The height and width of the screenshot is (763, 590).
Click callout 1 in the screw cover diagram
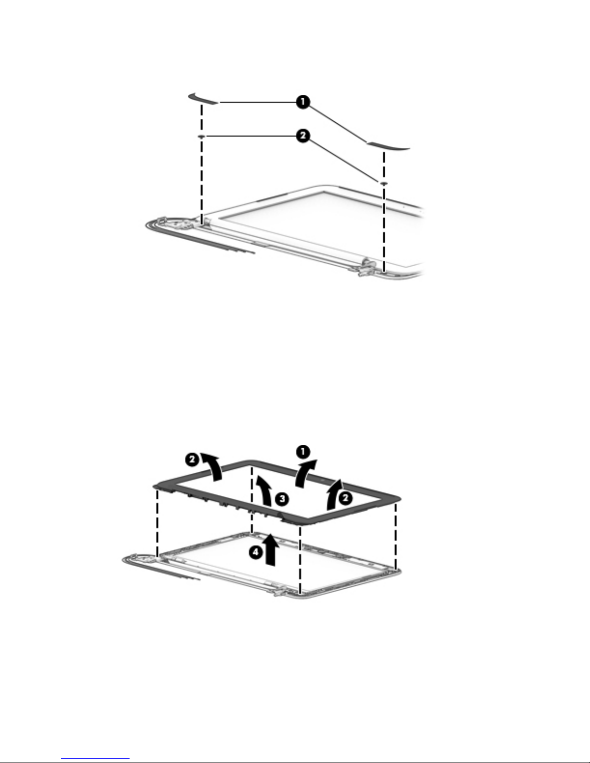click(303, 102)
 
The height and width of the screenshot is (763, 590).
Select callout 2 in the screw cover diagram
click(303, 136)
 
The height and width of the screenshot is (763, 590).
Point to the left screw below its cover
click(201, 136)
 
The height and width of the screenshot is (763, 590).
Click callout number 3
click(282, 499)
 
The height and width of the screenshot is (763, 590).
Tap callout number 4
click(256, 552)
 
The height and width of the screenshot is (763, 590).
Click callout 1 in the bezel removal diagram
click(303, 452)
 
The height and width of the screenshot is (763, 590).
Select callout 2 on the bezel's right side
click(346, 498)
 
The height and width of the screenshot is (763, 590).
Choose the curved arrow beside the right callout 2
click(334, 493)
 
